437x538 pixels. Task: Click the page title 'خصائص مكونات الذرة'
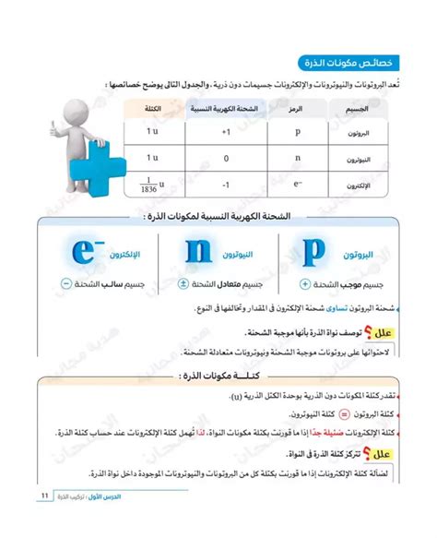point(346,63)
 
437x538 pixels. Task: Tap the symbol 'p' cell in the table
point(297,132)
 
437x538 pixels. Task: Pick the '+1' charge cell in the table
point(225,132)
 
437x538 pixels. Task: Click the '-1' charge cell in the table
point(225,184)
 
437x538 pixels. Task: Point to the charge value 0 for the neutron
point(225,158)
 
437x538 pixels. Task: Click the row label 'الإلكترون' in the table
point(362,184)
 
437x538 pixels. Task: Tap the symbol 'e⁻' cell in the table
point(297,184)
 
